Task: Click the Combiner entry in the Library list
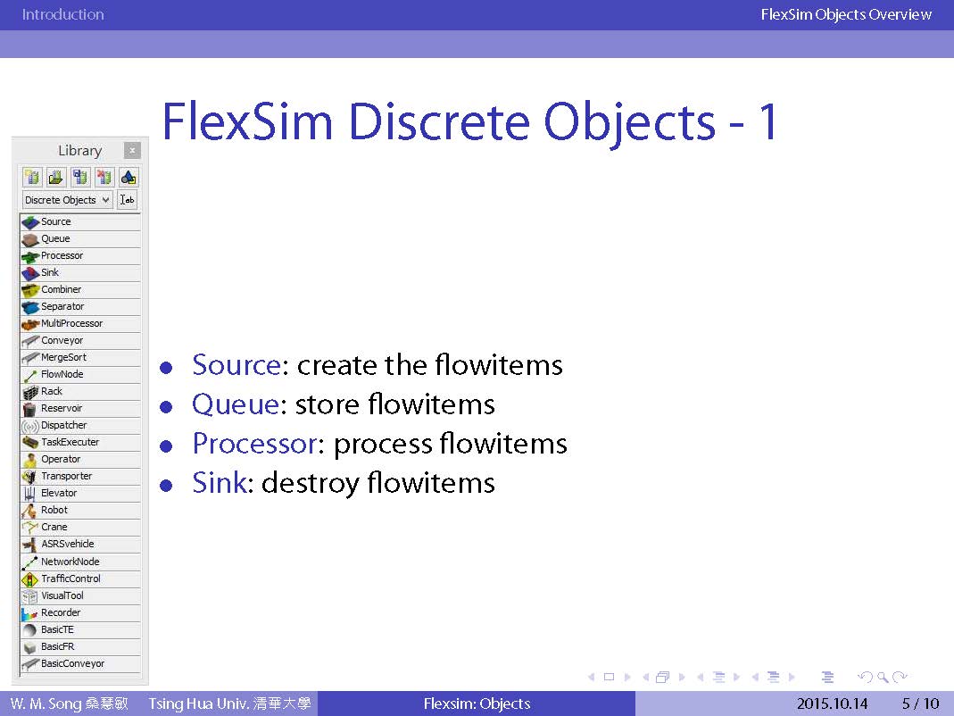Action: [79, 290]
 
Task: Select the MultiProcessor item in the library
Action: [79, 324]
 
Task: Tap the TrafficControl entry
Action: [79, 579]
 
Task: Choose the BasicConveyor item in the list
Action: [79, 663]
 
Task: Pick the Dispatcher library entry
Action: [79, 426]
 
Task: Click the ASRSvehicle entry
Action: [79, 545]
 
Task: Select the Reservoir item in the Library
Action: [79, 409]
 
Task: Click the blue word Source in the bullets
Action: [236, 365]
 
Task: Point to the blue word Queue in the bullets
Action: [236, 405]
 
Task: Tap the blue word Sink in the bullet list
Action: [220, 483]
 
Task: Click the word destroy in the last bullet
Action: [311, 484]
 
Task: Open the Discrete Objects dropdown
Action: [68, 200]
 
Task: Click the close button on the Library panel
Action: [132, 150]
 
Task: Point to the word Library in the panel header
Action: [79, 151]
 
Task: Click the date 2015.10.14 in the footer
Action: [833, 704]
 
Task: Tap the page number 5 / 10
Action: [921, 704]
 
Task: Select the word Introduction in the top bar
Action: [62, 14]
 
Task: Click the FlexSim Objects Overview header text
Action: [846, 14]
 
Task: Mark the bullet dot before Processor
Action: [166, 446]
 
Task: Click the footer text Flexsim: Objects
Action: [477, 704]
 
